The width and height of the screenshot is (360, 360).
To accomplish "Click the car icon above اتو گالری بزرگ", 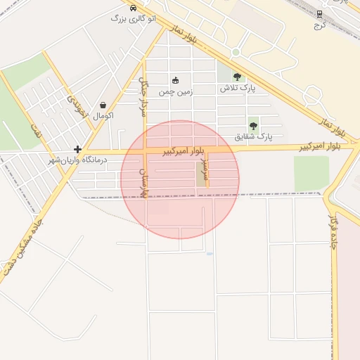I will click(134, 7).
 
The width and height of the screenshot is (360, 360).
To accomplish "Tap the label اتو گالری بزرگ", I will click(134, 18).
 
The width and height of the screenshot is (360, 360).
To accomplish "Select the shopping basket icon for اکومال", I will click(103, 105).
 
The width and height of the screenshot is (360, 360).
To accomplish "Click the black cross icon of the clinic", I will click(77, 149).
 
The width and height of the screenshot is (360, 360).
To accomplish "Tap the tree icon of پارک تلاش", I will click(237, 77).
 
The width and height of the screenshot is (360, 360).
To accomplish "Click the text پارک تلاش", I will click(237, 89).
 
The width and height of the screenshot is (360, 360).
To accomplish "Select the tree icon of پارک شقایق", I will click(253, 126).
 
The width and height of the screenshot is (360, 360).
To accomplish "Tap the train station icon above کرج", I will click(320, 13).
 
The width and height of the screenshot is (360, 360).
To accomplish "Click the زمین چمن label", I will click(175, 91).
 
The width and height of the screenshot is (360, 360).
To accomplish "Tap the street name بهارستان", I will click(143, 181).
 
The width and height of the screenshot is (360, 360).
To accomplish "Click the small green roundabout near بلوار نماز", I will click(236, 52).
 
